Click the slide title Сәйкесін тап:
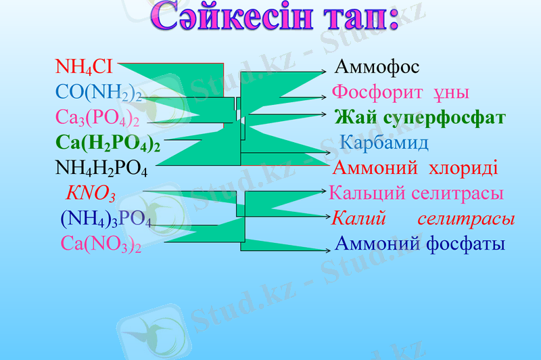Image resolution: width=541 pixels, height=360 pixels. pos(275,20)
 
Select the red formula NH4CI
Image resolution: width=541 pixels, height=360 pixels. pos(84,66)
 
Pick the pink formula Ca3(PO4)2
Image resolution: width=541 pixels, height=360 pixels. pos(97,118)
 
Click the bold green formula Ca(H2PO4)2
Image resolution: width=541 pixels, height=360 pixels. pos(108,143)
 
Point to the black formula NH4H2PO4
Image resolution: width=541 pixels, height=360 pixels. pos(101,168)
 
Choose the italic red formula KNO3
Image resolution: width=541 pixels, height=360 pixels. pos(91,194)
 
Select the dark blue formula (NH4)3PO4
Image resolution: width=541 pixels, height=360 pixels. pos(105,219)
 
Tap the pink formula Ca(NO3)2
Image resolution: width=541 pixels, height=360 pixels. pos(101,244)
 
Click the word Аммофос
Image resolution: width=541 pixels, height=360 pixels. pos(377,67)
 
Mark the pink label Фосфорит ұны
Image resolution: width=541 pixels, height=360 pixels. pos(400,92)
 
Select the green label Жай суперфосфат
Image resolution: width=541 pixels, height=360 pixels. pos(420,118)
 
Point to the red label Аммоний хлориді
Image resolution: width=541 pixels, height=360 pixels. pos(415,168)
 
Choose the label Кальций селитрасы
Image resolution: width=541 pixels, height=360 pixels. pos(416,194)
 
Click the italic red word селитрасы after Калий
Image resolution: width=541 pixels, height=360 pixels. pos(466,219)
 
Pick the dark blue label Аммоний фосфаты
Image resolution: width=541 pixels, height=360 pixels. pos(420,244)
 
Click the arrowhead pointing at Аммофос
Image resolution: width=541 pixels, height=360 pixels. pos(327,70)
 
